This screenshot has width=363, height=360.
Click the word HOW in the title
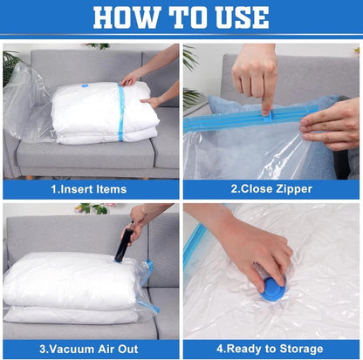[127, 17]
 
